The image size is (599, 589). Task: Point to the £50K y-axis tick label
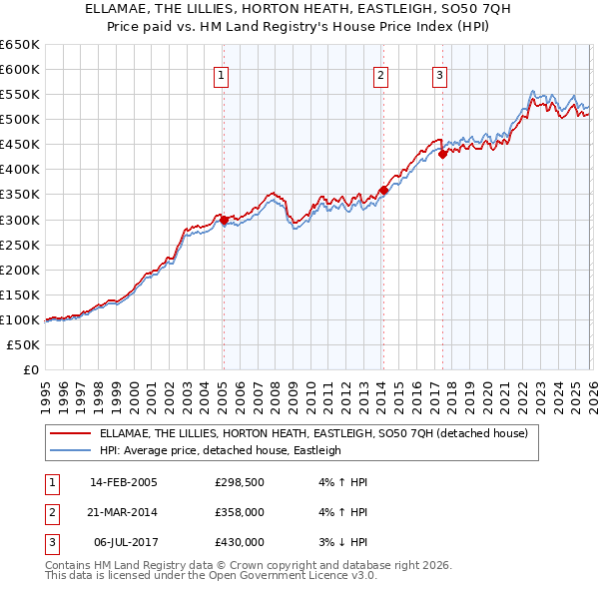[x=22, y=344]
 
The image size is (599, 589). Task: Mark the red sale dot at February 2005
[x=224, y=220]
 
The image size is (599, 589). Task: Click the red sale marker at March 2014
[x=383, y=190]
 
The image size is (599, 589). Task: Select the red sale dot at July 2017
[x=441, y=154]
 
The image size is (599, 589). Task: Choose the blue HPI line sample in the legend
[x=70, y=450]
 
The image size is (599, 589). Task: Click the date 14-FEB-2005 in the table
[x=123, y=482]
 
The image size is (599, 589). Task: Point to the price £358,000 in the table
[x=239, y=512]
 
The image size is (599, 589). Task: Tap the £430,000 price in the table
[x=239, y=542]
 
